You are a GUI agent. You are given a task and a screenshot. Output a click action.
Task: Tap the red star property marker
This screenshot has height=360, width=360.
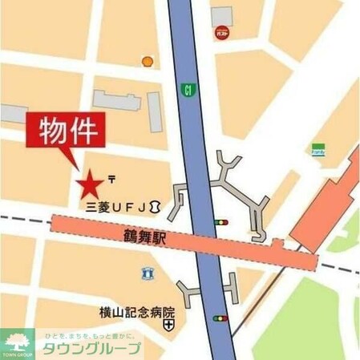click(x=89, y=185)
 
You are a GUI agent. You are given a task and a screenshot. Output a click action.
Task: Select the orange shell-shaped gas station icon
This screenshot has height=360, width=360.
click(x=147, y=61)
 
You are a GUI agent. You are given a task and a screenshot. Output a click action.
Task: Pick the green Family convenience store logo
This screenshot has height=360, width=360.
click(x=318, y=148)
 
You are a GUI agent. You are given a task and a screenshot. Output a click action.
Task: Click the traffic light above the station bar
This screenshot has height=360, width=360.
click(x=220, y=222)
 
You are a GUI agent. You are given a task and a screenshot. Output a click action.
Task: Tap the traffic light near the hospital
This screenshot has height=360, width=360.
click(x=220, y=318)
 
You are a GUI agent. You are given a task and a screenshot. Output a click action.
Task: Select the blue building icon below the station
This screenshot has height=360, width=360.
click(x=147, y=273)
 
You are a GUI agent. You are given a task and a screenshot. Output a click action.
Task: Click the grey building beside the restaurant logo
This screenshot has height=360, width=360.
click(x=222, y=14)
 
